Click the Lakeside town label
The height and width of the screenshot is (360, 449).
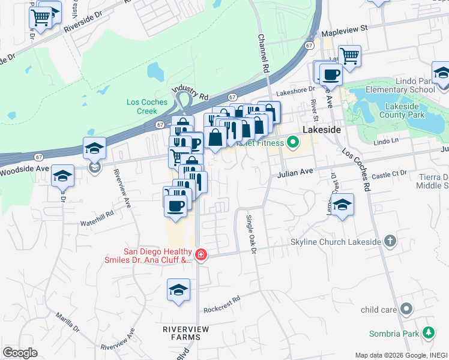click(322, 130)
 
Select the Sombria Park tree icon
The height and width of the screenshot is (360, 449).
click(428, 332)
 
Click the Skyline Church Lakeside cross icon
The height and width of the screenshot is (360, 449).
click(390, 241)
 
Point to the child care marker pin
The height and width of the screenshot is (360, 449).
click(406, 310)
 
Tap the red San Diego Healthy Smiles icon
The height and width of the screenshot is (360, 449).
click(200, 256)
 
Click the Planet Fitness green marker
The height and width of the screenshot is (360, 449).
click(293, 143)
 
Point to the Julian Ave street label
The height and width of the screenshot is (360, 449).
click(295, 173)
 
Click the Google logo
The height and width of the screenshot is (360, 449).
click(20, 352)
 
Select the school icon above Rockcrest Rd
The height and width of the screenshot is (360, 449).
click(178, 291)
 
